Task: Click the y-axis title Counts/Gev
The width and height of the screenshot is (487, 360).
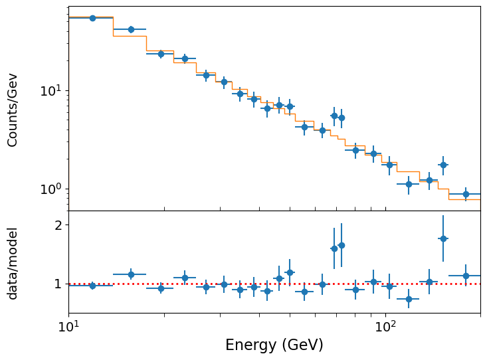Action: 13,110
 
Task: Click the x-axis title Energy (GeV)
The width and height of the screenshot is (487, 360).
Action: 274,345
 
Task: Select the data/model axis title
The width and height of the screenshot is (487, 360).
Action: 13,263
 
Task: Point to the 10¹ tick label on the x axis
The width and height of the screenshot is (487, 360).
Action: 68,326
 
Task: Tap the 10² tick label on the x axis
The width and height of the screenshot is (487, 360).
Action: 385,326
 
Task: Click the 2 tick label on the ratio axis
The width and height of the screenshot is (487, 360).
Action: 58,225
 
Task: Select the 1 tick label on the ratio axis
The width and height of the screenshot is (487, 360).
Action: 58,284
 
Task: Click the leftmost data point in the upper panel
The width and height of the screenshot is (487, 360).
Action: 92,18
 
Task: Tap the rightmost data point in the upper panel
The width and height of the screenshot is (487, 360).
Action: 466,194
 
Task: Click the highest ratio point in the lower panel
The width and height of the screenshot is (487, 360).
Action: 443,238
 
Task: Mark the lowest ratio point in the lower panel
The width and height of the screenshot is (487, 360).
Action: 409,299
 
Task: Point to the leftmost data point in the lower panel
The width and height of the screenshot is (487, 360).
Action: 92,286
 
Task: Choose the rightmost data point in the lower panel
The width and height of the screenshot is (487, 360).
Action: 466,276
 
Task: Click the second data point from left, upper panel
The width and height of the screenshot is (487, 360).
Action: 131,29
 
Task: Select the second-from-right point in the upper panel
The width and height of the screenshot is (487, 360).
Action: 443,165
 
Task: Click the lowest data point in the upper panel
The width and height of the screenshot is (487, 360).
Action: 466,194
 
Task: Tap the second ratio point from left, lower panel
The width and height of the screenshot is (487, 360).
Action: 131,274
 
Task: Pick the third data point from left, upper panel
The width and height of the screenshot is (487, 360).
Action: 161,54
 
